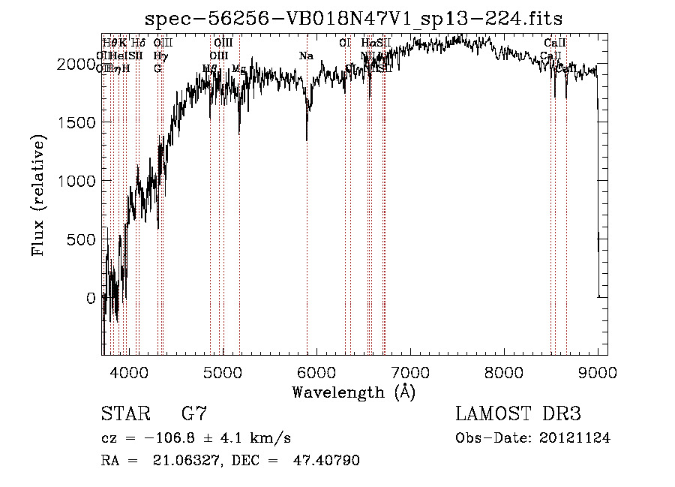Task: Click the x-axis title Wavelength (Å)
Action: point(353,392)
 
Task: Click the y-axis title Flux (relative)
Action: point(37,194)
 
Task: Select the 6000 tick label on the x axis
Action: point(316,371)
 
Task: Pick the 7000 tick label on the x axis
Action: point(410,371)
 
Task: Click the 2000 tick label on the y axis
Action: point(79,65)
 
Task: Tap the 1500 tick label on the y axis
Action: point(79,123)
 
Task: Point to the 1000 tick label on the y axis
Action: point(79,182)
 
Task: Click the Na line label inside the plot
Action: point(306,56)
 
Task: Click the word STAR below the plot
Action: point(124,414)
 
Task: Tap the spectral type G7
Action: point(193,414)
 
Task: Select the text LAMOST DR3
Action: point(518,414)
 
